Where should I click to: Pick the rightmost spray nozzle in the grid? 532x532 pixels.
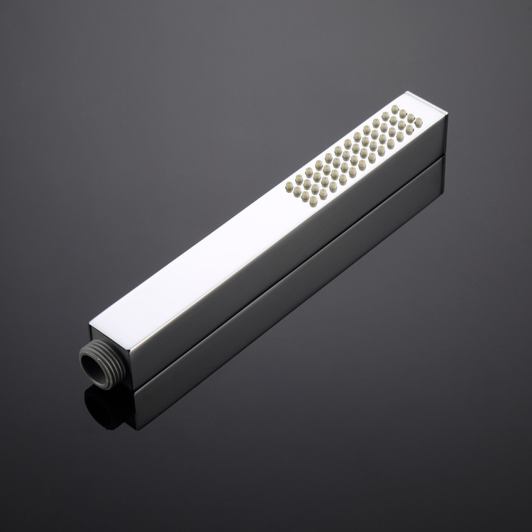pos(419,123)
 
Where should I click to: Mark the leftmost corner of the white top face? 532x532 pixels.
pos(90,324)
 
